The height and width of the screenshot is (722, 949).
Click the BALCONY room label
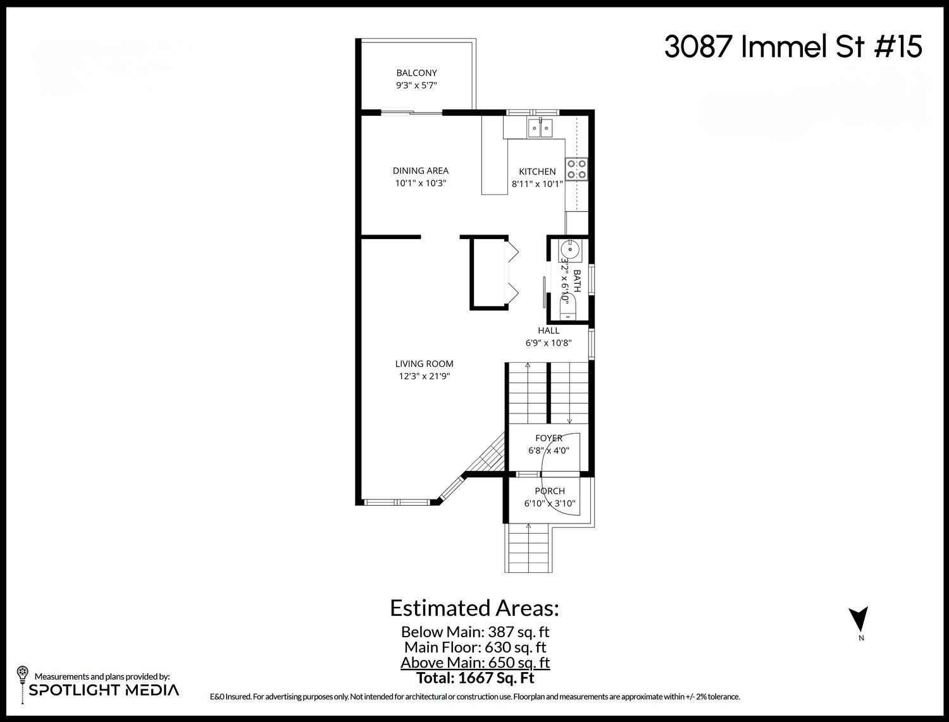[x=416, y=73]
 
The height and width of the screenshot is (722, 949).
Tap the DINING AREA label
[x=421, y=171]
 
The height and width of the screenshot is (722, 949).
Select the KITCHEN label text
[x=537, y=171]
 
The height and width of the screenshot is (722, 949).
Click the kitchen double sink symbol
[x=540, y=129]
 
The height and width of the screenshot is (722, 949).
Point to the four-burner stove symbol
[x=576, y=168]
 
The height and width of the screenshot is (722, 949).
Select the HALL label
[x=549, y=331]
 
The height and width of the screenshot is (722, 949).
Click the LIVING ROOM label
[x=424, y=364]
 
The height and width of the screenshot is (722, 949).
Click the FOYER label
[x=549, y=438]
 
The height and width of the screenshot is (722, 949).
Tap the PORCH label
[x=550, y=491]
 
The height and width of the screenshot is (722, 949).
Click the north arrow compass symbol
[x=859, y=618]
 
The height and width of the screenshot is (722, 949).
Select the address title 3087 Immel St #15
[x=793, y=47]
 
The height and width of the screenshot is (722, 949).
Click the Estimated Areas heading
[x=474, y=608]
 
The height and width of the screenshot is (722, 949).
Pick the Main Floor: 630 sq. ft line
[x=475, y=647]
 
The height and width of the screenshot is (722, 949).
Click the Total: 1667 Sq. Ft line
[x=475, y=678]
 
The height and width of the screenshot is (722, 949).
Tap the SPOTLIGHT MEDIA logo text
[x=104, y=690]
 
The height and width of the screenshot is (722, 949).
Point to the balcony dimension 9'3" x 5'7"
[x=416, y=85]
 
